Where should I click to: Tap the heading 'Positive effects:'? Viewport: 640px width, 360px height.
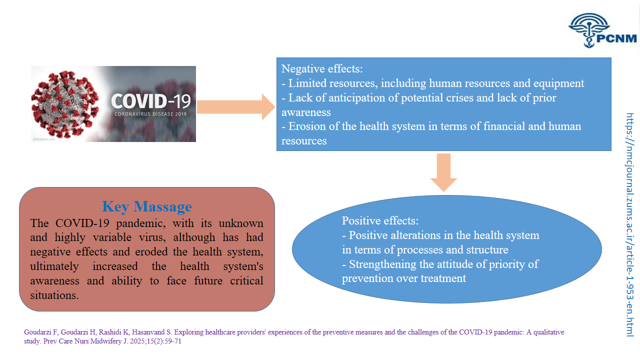380,220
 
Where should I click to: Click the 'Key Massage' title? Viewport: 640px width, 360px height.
146,206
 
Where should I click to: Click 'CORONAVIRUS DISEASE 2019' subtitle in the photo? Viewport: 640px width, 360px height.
150,113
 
